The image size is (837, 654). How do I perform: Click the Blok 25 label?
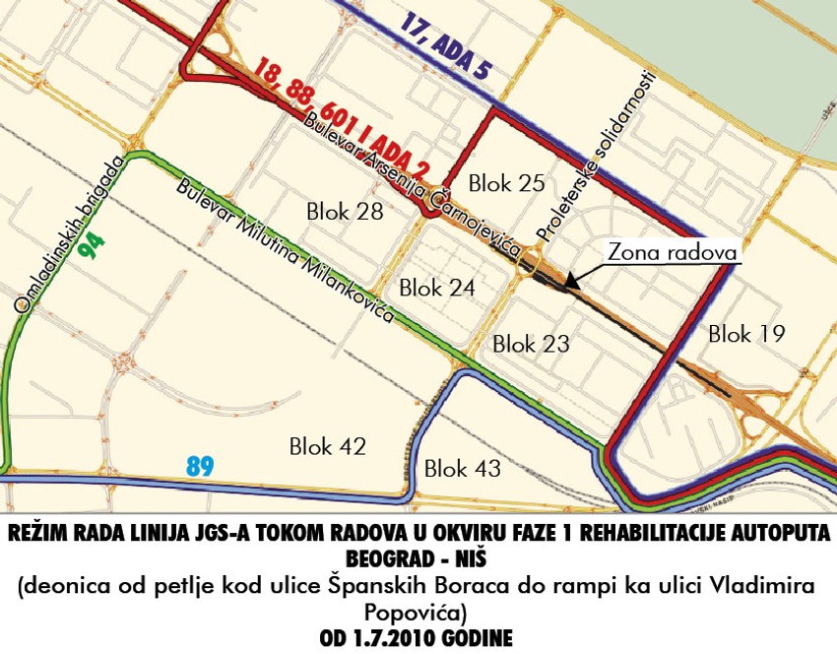pos(506,182)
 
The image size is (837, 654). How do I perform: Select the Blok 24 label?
pos(437,288)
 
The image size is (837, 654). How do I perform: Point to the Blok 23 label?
pos(531,344)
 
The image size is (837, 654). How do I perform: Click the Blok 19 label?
pos(746,334)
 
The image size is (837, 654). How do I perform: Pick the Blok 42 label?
pos(328,446)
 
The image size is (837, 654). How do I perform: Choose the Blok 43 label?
pos(463,469)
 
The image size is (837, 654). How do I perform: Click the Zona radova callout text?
pos(673,252)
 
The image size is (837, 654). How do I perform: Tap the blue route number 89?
pos(200,464)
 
